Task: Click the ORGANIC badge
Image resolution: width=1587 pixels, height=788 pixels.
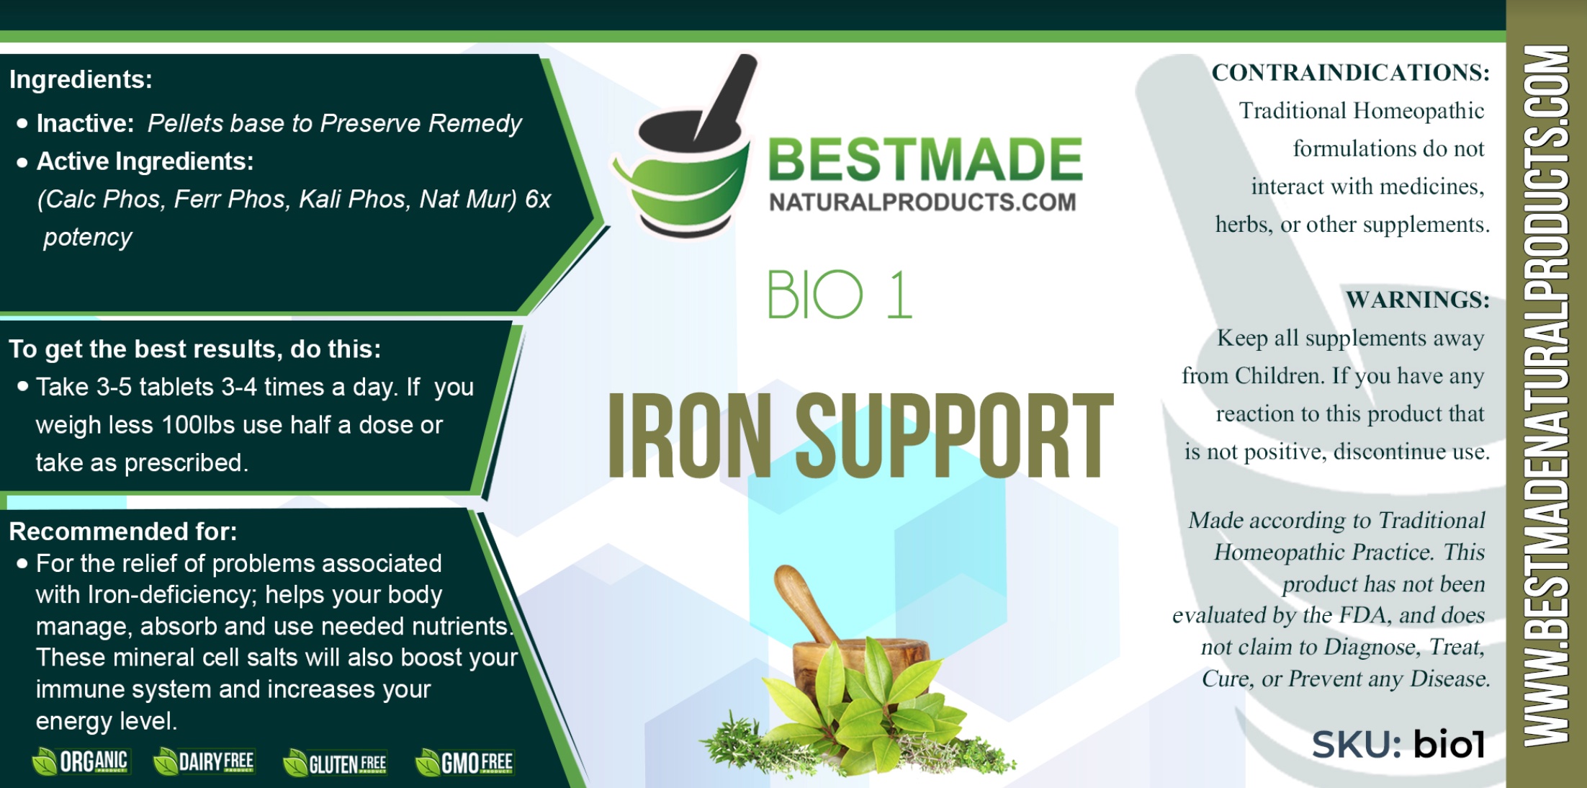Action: (81, 761)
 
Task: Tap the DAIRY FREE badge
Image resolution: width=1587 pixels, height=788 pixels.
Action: (204, 761)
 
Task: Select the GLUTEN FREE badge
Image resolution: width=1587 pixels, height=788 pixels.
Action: (335, 763)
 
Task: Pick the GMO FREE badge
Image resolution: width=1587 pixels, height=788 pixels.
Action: (464, 762)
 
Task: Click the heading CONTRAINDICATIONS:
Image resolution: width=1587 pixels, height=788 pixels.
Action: (1350, 72)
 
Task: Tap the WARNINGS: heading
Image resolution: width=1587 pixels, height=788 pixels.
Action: (1417, 299)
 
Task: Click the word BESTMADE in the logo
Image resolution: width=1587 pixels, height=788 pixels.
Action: (925, 159)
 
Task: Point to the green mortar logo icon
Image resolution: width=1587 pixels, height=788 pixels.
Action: (683, 148)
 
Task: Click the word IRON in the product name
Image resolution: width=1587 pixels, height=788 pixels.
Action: (690, 435)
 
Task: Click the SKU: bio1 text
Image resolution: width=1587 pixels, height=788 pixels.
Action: (1398, 744)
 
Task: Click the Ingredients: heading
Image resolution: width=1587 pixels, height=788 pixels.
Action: (81, 79)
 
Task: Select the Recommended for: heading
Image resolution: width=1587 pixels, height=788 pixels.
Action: (123, 532)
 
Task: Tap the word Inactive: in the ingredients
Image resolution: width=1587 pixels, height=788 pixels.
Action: (86, 123)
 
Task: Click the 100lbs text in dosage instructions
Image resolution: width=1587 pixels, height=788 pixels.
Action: (199, 425)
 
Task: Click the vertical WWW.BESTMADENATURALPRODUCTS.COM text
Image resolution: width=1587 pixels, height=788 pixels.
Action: (1547, 395)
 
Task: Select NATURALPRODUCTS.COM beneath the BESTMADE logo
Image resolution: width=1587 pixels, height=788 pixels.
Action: (922, 202)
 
